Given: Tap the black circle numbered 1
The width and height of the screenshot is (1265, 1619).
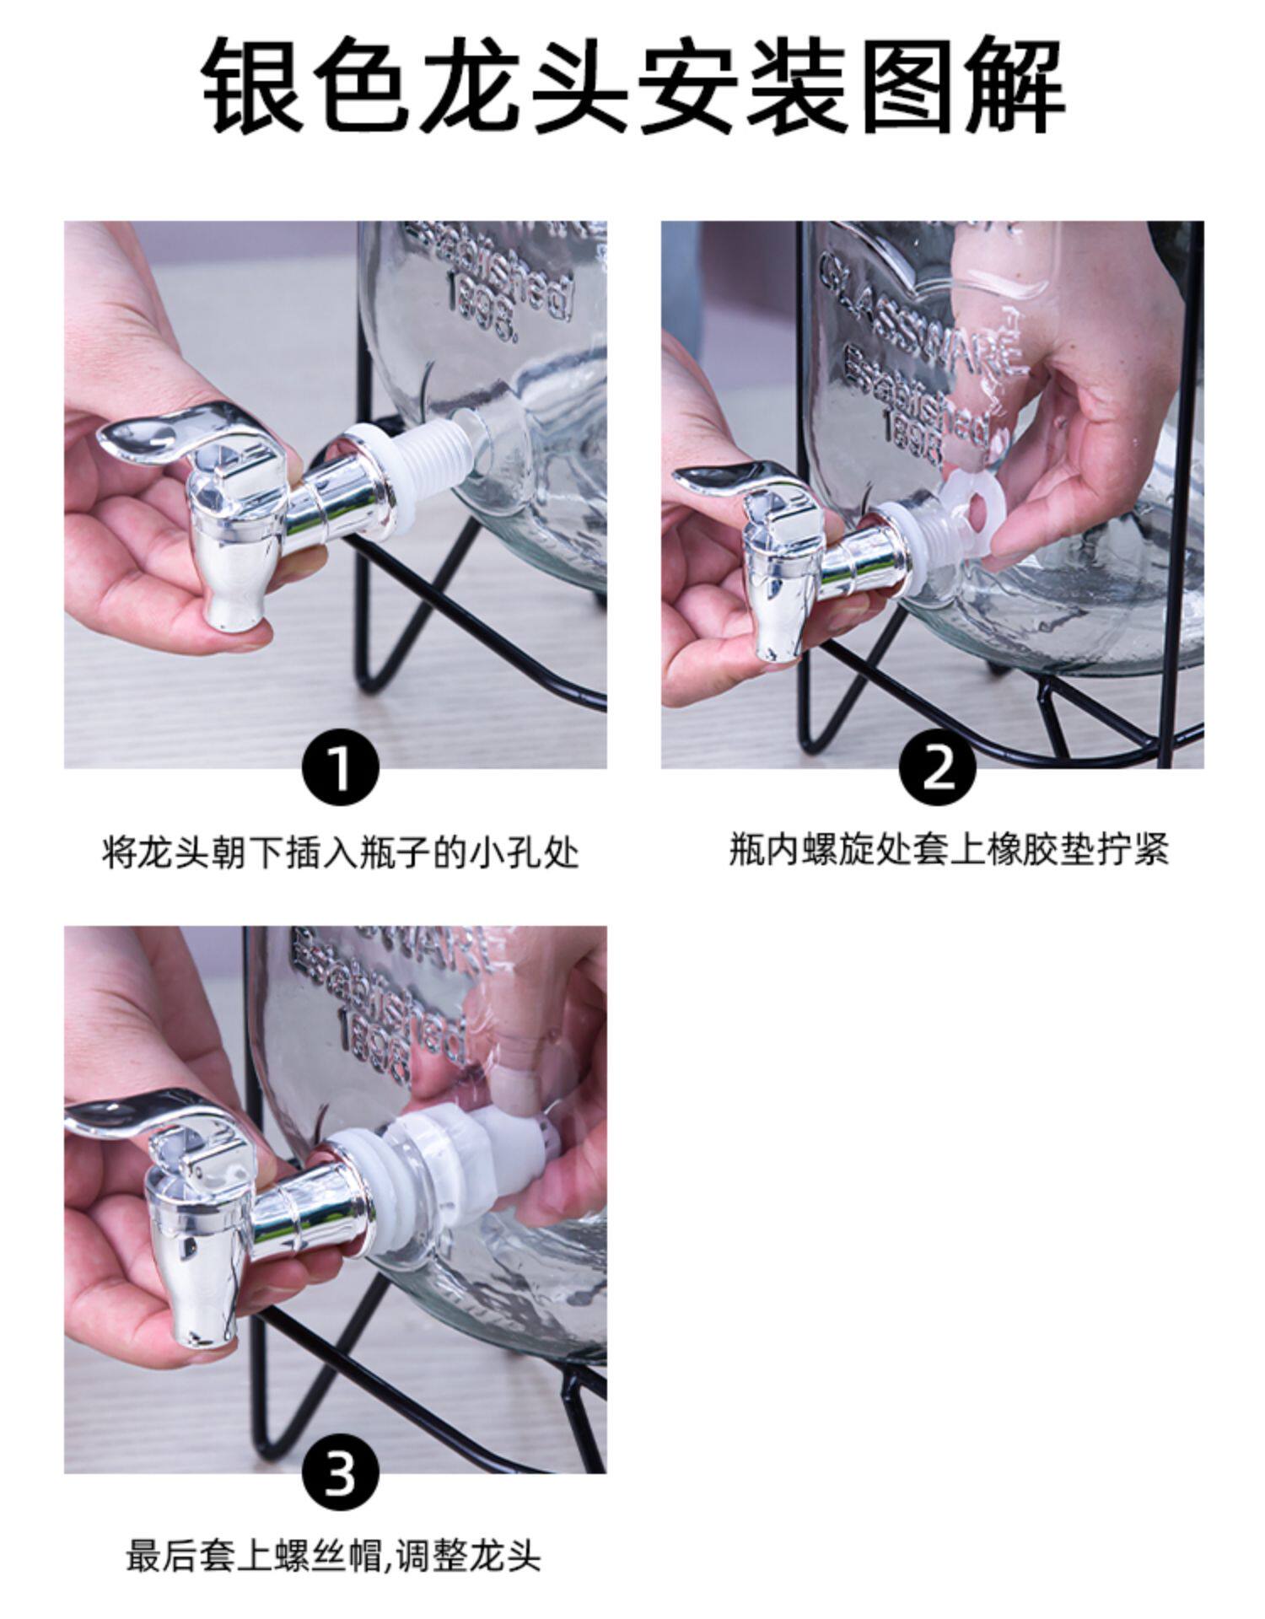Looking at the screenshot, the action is point(340,767).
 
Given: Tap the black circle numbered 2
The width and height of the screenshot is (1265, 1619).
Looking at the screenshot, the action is point(937,767).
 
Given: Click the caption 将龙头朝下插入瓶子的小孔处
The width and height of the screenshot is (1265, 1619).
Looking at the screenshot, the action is point(340,853).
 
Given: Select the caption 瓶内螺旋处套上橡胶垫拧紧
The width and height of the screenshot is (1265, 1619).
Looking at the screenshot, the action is point(949,850).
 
